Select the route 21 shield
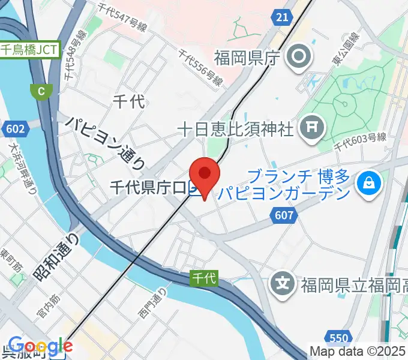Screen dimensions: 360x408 click(282, 17)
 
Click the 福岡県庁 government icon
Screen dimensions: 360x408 click(298, 58)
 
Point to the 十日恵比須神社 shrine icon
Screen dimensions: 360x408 click(312, 127)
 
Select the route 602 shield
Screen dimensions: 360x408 click(13, 129)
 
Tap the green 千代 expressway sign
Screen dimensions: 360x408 click(204, 278)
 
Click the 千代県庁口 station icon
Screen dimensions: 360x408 click(194, 189)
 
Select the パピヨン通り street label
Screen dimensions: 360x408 click(105, 142)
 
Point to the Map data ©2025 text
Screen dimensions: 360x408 click(358, 351)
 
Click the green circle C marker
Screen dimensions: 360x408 click(41, 91)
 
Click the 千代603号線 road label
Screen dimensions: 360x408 click(359, 141)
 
